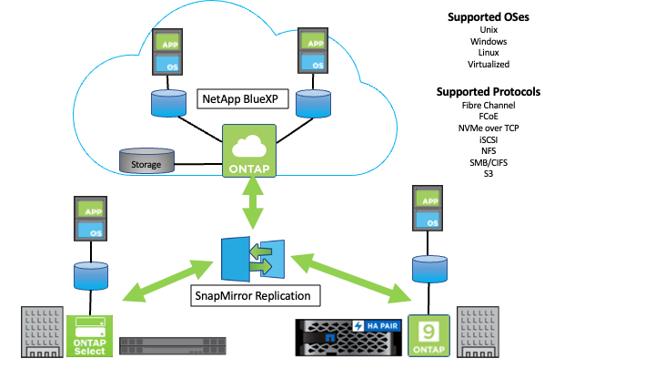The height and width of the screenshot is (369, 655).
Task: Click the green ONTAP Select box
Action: (x=89, y=335)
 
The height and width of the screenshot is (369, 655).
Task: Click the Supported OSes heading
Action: (x=489, y=16)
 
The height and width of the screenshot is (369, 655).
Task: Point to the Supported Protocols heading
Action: (x=489, y=92)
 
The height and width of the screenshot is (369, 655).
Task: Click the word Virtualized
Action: (x=489, y=64)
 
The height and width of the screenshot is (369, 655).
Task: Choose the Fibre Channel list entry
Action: (x=489, y=106)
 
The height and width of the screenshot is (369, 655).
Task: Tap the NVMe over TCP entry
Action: (x=489, y=129)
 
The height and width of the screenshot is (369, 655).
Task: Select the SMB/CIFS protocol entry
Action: (x=489, y=165)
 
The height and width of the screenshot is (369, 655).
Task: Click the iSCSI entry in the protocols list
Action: (x=489, y=141)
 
